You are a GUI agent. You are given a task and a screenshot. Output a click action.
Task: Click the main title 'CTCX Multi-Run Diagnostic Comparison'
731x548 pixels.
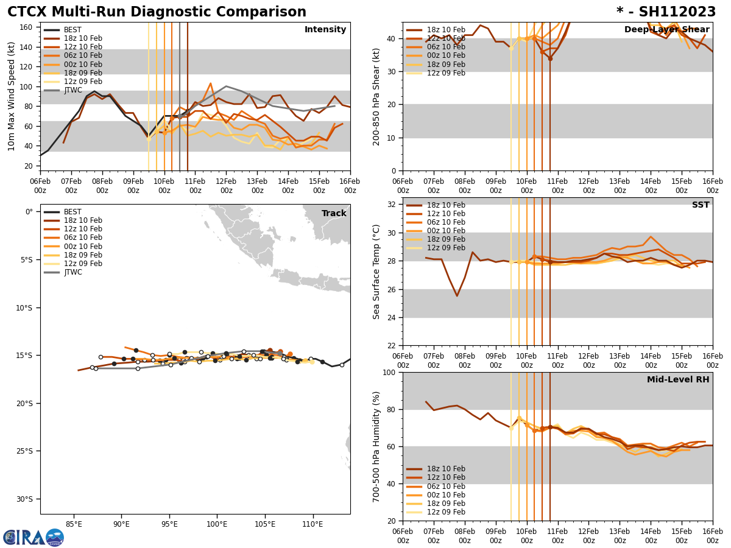157,12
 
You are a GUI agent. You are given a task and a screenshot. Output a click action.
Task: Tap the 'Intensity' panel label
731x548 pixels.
325,30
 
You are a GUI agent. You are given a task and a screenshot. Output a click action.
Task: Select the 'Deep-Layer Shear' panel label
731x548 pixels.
666,30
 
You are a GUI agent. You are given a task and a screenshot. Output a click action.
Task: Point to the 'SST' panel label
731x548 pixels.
700,205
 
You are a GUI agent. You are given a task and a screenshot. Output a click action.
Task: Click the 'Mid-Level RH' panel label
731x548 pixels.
678,380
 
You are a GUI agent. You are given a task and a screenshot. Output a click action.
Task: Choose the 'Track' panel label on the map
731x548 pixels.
334,214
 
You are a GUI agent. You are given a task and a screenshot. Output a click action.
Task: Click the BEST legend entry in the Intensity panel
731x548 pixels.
72,30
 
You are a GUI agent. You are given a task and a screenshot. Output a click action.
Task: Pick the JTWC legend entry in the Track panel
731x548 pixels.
72,272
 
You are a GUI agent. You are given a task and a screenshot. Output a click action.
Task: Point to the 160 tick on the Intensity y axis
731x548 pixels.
27,27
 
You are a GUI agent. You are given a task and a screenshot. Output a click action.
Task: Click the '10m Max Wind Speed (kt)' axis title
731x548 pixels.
12,96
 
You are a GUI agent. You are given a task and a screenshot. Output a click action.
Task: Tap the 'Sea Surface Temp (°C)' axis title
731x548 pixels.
376,272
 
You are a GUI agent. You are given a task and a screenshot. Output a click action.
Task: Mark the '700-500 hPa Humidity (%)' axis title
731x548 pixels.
376,446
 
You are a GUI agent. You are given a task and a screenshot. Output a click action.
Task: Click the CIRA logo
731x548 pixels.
34,537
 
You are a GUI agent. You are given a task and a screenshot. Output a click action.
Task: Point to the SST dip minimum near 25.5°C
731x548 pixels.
457,296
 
